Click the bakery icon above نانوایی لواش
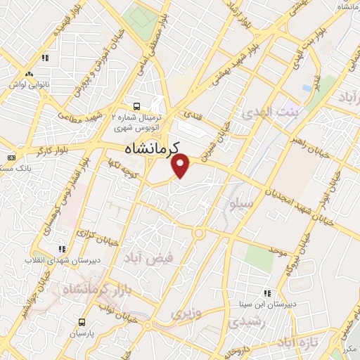29,74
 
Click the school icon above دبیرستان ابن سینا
267,293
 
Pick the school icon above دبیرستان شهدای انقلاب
63,249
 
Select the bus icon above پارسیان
82,323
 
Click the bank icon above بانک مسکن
11,157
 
